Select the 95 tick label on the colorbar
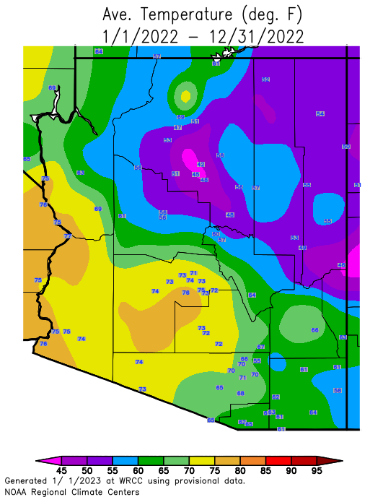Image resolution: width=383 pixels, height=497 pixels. (316, 470)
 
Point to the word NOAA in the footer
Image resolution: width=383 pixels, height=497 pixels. (17, 490)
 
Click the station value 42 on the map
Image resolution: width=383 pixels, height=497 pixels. (201, 165)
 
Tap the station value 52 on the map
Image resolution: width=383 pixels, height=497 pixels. (265, 79)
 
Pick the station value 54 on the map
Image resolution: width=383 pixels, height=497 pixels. (320, 113)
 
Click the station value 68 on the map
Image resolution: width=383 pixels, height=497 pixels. (241, 393)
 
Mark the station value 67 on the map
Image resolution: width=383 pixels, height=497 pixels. (261, 347)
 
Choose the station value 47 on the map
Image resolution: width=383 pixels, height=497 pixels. (177, 127)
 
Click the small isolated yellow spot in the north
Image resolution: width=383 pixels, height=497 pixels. (186, 95)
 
